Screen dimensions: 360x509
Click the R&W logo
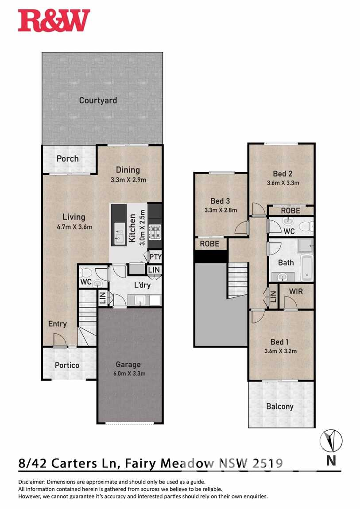(54, 20)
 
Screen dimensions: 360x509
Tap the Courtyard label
(98, 100)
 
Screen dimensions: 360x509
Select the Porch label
(67, 158)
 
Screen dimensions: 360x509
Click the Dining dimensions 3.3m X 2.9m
(128, 180)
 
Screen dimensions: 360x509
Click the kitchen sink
(119, 238)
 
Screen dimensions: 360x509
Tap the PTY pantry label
(155, 257)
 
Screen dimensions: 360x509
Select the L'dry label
(143, 285)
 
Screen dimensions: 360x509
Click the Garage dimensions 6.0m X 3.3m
(129, 373)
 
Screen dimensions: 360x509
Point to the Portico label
(67, 365)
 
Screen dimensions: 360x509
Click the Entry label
(58, 324)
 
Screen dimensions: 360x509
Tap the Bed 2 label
(283, 174)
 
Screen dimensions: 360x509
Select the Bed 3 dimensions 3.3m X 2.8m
(221, 210)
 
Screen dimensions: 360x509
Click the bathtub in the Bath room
(307, 268)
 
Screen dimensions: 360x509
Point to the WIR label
(296, 291)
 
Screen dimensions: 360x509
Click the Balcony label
(280, 406)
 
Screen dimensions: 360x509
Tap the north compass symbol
(331, 441)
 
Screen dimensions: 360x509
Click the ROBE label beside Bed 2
(290, 211)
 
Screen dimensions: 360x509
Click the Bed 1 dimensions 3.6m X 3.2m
(280, 351)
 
